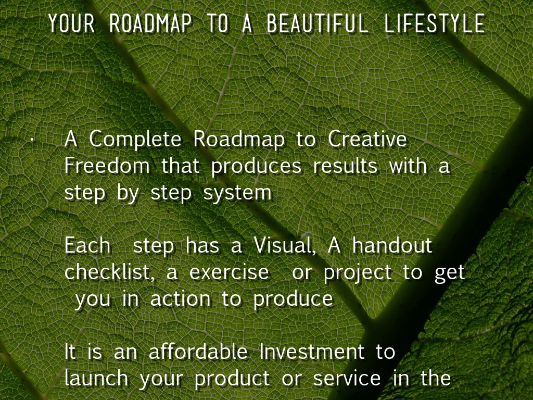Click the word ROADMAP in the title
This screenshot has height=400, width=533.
pyautogui.click(x=150, y=23)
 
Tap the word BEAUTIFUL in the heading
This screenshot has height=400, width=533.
pyautogui.click(x=317, y=23)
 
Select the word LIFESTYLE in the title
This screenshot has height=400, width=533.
pyautogui.click(x=435, y=23)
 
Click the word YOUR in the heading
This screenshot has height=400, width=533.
pyautogui.click(x=71, y=23)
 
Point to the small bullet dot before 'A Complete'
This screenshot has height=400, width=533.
pyautogui.click(x=31, y=140)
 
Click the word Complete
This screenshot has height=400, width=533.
pyautogui.click(x=135, y=140)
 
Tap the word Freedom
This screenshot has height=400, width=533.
pyautogui.click(x=107, y=166)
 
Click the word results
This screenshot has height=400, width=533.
pyautogui.click(x=345, y=166)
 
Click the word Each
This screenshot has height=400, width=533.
pyautogui.click(x=87, y=245)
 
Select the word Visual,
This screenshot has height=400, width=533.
pyautogui.click(x=285, y=246)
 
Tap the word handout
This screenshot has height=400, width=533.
pyautogui.click(x=392, y=245)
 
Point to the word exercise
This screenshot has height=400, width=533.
pyautogui.click(x=229, y=273)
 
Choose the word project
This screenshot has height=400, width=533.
pyautogui.click(x=357, y=273)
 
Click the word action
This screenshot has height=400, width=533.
pyautogui.click(x=180, y=299)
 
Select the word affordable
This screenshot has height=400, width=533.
pyautogui.click(x=198, y=352)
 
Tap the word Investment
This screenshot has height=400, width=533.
pyautogui.click(x=312, y=352)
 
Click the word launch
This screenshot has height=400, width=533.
pyautogui.click(x=96, y=378)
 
